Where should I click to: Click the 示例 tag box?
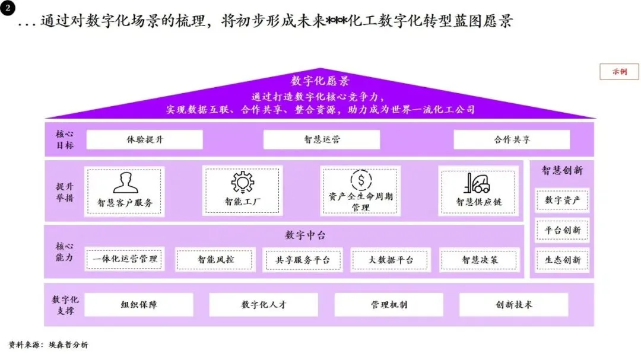620,71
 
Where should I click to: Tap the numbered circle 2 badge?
8,9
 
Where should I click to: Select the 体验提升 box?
145,140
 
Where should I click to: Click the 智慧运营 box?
322,140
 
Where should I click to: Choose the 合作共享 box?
512,140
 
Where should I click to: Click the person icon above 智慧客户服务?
125,183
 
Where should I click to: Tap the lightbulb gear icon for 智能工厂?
242,181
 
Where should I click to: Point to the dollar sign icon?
361,179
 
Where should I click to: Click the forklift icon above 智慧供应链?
478,183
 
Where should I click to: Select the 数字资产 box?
562,200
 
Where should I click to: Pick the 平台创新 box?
562,230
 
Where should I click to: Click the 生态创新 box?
562,260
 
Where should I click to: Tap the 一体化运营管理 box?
125,259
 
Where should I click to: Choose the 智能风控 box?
216,259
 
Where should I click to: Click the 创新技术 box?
514,305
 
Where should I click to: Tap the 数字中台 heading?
305,235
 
